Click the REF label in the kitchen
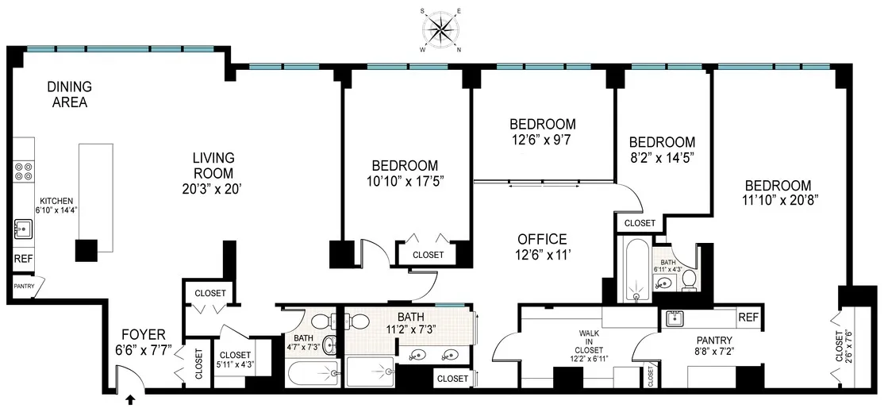pos(23,260)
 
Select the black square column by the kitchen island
pos(86,250)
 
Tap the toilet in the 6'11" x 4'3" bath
pos(689,279)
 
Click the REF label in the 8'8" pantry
pos(748,318)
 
